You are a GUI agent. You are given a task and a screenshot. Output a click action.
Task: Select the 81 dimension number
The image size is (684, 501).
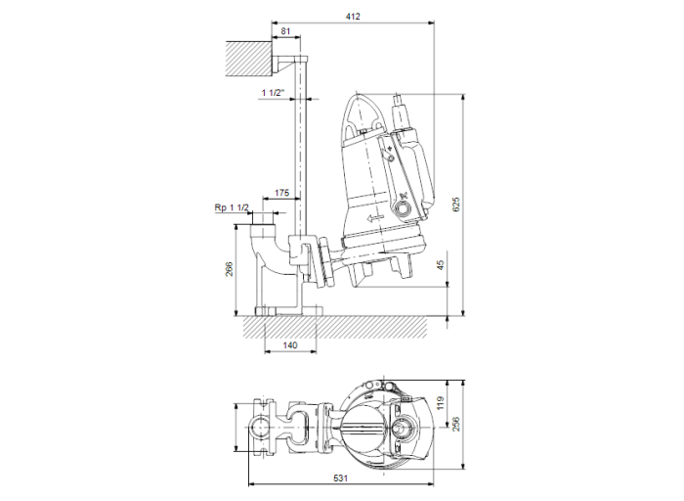tap(285, 33)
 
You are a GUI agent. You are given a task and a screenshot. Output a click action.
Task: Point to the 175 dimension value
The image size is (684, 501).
tap(282, 194)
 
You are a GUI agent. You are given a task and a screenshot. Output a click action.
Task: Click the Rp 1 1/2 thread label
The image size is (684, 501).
tap(232, 208)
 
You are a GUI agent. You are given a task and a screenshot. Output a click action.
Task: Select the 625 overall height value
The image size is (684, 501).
tap(455, 205)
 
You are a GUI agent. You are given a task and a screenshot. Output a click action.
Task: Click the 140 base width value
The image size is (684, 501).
tap(289, 346)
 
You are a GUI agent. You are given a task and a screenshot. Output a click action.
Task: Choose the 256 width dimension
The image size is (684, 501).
tap(454, 422)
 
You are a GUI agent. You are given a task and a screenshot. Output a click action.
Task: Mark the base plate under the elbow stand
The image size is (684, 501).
tap(288, 311)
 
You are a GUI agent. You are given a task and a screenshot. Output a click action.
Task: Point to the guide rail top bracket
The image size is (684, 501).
tap(292, 63)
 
